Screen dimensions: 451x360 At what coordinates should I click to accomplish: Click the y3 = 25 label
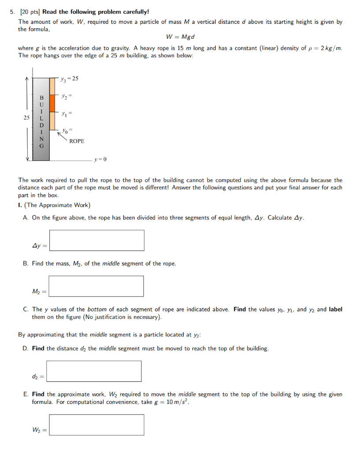click(70, 78)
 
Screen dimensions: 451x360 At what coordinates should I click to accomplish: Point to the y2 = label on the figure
click(66, 96)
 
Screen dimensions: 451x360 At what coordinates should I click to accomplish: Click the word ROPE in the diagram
click(76, 141)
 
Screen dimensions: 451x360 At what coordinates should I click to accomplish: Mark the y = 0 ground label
click(100, 159)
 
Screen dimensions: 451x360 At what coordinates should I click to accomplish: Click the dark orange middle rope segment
click(52, 103)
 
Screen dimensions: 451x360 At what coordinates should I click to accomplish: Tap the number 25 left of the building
click(27, 118)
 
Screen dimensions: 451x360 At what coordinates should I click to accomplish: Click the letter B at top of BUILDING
click(42, 97)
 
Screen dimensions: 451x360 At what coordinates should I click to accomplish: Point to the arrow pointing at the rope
click(61, 135)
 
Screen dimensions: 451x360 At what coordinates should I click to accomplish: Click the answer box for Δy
click(96, 240)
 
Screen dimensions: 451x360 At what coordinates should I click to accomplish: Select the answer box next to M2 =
click(96, 286)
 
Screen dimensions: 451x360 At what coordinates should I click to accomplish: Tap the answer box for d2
click(94, 371)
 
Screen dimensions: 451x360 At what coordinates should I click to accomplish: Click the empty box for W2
click(96, 425)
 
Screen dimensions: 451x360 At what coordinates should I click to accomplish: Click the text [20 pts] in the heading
click(30, 12)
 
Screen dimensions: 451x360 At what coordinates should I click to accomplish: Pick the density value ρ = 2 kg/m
click(324, 48)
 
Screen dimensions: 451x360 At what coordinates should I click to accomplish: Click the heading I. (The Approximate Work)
click(54, 205)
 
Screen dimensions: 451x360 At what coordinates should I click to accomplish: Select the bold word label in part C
click(335, 309)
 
